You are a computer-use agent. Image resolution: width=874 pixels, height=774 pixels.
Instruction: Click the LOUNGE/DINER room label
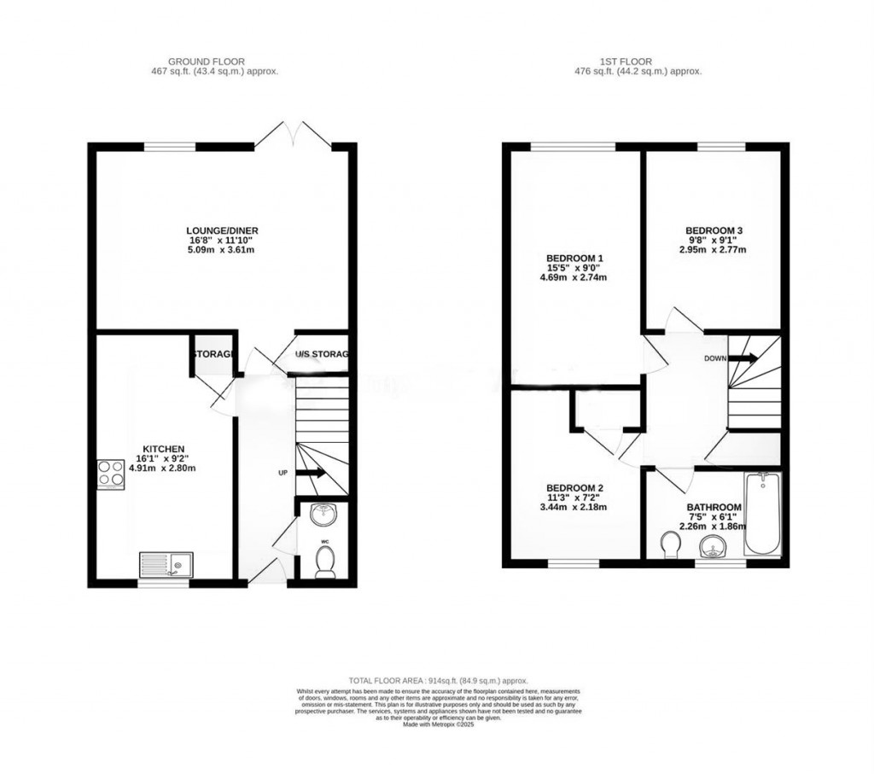point(222,230)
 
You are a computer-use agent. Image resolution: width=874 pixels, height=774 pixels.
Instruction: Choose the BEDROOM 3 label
point(714,230)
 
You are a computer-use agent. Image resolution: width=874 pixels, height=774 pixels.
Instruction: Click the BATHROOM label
point(714,508)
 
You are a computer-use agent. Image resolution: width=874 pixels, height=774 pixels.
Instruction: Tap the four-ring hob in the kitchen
point(111,472)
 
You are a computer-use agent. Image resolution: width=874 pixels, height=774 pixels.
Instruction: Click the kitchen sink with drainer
point(166,564)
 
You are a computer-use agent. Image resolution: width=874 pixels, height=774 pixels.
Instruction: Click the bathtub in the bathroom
point(762,515)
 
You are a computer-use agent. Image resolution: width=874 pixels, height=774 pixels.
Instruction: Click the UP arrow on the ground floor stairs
point(310,472)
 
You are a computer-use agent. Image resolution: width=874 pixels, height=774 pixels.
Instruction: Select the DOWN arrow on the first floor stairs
point(743,358)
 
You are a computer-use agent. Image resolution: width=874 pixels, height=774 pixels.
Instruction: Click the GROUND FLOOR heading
point(207,61)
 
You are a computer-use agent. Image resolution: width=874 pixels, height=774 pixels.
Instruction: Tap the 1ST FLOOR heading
point(626,61)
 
